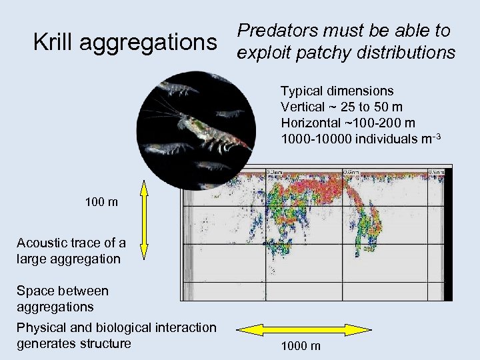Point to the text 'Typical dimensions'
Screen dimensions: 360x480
pyautogui.click(x=337, y=91)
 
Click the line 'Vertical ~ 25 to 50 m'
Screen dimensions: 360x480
pyautogui.click(x=341, y=107)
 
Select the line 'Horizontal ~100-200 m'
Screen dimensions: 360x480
pyautogui.click(x=348, y=123)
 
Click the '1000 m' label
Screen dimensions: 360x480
pyautogui.click(x=301, y=346)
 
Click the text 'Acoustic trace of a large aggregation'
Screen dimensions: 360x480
pyautogui.click(x=71, y=251)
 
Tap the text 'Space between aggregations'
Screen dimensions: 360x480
pyautogui.click(x=63, y=299)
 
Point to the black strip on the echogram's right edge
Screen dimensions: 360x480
pyautogui.click(x=448, y=233)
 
